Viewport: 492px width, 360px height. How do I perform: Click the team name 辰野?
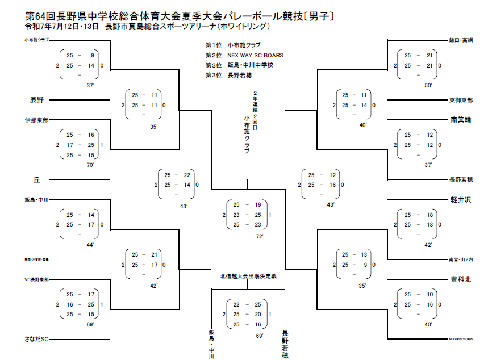click(37, 99)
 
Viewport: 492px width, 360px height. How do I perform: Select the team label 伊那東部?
click(36, 120)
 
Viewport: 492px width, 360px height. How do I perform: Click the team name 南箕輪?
click(461, 120)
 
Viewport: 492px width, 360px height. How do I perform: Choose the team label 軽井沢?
click(461, 200)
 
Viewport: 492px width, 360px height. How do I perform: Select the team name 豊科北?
click(461, 279)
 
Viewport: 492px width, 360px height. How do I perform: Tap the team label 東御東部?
click(461, 100)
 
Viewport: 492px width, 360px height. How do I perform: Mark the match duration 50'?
click(428, 85)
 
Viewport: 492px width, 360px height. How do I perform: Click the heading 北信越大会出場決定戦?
click(248, 277)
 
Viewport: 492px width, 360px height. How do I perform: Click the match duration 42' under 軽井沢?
click(428, 245)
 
